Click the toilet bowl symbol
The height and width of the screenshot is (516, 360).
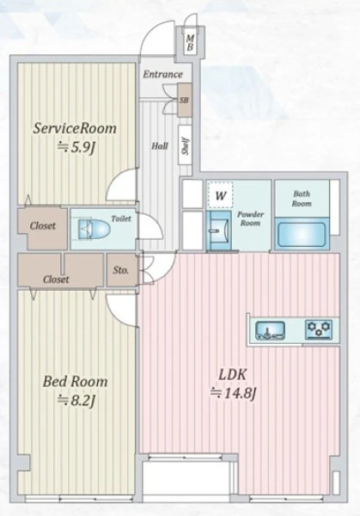[x=94, y=229]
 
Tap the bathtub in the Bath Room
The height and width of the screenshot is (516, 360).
[x=302, y=234]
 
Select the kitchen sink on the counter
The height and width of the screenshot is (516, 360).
[x=271, y=330]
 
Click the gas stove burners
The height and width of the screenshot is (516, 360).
[x=319, y=329]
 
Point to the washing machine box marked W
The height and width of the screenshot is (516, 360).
[x=220, y=195]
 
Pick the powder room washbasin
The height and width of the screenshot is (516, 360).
[x=218, y=230]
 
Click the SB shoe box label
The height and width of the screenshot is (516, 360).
[x=185, y=100]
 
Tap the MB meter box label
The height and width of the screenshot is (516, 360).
[x=190, y=43]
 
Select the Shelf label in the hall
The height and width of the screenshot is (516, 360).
[x=186, y=146]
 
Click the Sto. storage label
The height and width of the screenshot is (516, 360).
[x=120, y=270]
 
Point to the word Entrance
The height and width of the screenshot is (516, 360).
[x=162, y=74]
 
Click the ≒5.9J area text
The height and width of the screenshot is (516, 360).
[x=76, y=147]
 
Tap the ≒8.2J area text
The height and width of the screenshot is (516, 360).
[x=76, y=401]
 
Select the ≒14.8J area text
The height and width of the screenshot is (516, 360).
[x=233, y=393]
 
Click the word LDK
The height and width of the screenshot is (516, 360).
[x=233, y=374]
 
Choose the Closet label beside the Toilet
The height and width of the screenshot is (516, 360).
[x=43, y=225]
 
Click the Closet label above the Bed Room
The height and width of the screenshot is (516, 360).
[x=56, y=279]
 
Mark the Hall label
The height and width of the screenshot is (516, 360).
[x=160, y=146]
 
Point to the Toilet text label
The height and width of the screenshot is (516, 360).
[x=121, y=218]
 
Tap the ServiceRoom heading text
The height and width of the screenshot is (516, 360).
[x=75, y=128]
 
